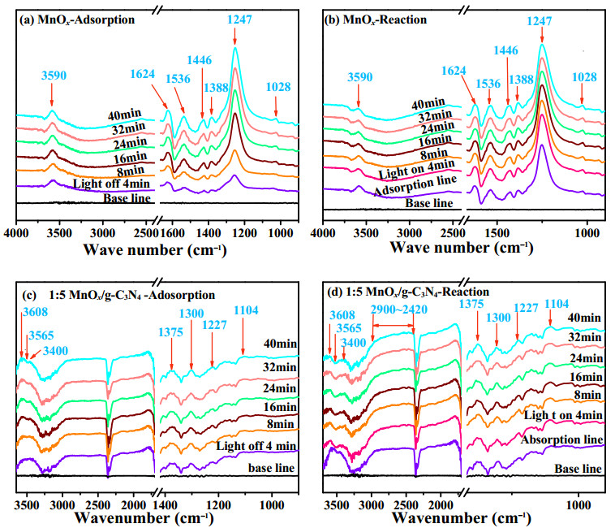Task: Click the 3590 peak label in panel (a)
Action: [54, 75]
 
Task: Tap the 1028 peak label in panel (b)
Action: [584, 77]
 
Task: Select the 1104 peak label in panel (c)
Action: [247, 310]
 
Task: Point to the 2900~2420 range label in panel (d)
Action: [399, 309]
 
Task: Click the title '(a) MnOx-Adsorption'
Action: [77, 19]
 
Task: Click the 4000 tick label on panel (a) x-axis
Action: [16, 233]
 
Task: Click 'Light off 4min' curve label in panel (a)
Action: [111, 184]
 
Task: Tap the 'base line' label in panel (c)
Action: [272, 468]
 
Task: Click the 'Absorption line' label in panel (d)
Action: [561, 439]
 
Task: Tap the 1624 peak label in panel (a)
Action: [143, 74]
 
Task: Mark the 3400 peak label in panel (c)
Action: [55, 351]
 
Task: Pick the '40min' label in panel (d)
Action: [584, 317]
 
